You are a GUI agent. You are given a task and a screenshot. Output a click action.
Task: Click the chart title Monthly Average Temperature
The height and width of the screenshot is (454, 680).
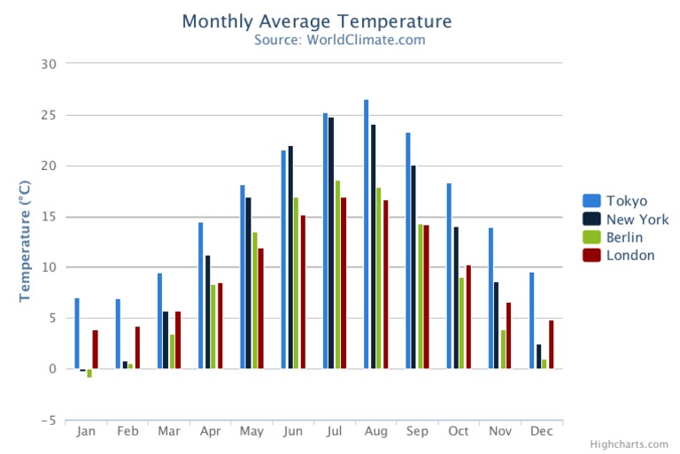click(316, 21)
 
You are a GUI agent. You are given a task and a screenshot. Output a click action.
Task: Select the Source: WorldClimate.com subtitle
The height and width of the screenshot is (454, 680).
click(339, 40)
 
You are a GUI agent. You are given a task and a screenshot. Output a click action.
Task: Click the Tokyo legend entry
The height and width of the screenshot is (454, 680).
click(626, 201)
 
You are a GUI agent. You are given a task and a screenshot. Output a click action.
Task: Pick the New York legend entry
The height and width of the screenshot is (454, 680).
click(637, 219)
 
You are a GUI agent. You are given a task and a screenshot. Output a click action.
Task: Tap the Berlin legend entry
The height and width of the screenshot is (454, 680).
click(624, 237)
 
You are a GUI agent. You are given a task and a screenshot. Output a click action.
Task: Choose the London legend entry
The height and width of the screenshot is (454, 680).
click(630, 255)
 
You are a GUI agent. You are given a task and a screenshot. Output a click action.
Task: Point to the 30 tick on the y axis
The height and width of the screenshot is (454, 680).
click(49, 64)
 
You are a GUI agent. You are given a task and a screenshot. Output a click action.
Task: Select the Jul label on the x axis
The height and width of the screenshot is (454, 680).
click(335, 431)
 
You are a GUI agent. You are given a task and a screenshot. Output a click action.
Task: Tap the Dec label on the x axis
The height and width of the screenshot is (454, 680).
click(542, 431)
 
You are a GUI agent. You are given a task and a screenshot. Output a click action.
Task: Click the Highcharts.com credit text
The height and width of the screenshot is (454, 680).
click(632, 444)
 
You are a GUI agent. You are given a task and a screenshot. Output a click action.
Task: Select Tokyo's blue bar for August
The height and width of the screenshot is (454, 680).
click(367, 235)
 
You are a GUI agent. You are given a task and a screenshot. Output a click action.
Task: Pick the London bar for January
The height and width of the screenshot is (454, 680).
click(96, 350)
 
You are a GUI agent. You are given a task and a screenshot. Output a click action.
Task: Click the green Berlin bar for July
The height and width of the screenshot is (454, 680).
click(337, 274)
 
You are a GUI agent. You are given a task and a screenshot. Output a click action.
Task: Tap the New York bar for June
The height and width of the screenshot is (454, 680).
click(290, 258)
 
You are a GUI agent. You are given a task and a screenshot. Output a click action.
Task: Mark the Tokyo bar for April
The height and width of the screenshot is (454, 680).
click(201, 296)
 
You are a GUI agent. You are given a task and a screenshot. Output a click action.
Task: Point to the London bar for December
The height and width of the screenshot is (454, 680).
click(551, 344)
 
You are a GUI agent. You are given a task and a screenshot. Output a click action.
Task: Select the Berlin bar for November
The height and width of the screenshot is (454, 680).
click(503, 350)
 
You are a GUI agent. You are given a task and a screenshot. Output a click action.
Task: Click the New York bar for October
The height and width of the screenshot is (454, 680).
click(456, 297)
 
